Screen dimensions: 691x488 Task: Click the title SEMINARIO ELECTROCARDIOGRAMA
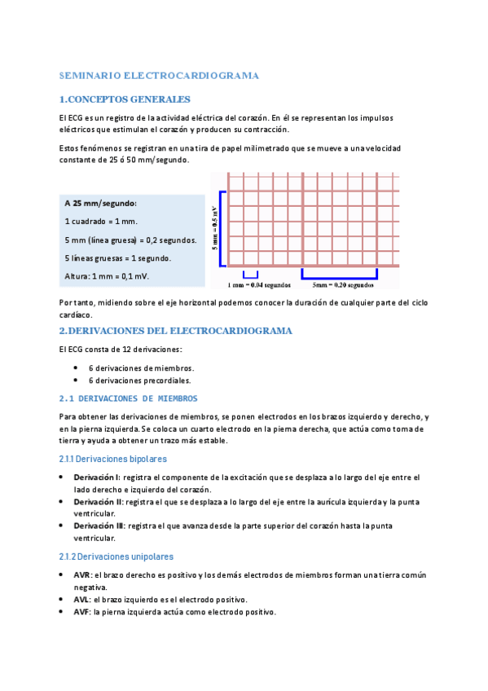point(159,76)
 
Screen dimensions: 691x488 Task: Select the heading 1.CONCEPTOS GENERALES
point(125,99)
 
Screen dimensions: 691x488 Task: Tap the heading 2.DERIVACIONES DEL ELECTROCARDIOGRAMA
point(175,331)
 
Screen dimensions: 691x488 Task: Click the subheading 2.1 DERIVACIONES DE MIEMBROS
point(128,398)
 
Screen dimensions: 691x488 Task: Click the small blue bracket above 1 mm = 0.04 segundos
point(250,275)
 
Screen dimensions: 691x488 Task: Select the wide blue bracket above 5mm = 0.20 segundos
point(340,275)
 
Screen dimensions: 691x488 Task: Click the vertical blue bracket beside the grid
point(222,227)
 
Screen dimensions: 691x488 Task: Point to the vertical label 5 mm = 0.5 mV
point(215,227)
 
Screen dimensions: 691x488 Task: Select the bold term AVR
point(81,574)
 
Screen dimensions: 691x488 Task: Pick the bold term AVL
point(81,599)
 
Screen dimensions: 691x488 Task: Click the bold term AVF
point(81,612)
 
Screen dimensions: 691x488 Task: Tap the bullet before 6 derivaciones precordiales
point(76,381)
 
